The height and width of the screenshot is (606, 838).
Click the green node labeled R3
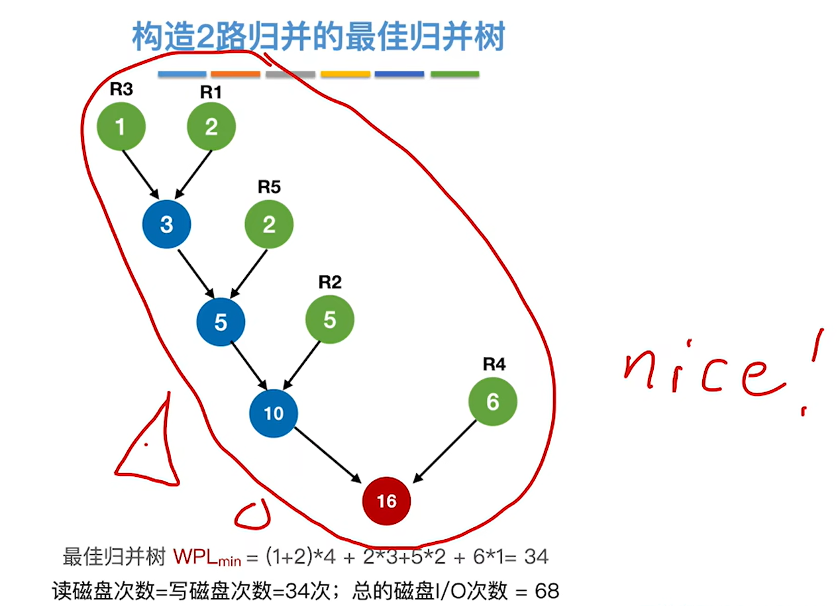coord(121,126)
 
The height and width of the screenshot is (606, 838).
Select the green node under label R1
coord(211,126)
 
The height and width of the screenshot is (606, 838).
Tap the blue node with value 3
coord(166,224)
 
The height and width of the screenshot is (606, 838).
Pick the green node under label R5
coord(269,224)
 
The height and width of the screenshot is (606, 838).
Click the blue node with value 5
coord(221,322)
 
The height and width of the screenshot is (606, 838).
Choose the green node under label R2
coord(329,320)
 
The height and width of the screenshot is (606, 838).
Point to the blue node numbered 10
coord(274,413)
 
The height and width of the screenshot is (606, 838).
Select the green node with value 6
coord(492,402)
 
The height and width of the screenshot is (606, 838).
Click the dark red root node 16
coord(386,501)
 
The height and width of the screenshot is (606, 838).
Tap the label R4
coord(494,364)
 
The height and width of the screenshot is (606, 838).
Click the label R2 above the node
coord(330,282)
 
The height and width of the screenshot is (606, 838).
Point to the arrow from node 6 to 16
coord(445,451)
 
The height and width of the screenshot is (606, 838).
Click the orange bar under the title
coord(235,74)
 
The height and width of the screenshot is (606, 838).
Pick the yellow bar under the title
coord(345,74)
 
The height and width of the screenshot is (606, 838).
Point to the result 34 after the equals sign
coord(536,557)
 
